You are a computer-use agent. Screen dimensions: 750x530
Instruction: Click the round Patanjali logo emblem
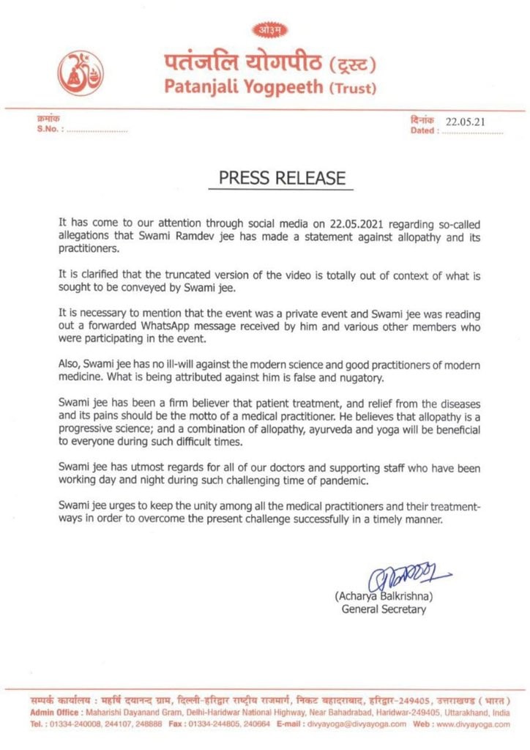pyautogui.click(x=81, y=75)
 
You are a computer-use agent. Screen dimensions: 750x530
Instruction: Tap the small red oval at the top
pyautogui.click(x=271, y=30)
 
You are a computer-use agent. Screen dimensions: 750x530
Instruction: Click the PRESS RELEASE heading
pyautogui.click(x=281, y=178)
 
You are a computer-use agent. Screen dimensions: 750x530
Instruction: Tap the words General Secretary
pyautogui.click(x=384, y=609)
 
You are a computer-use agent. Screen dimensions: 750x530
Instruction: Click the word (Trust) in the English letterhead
pyautogui.click(x=353, y=89)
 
